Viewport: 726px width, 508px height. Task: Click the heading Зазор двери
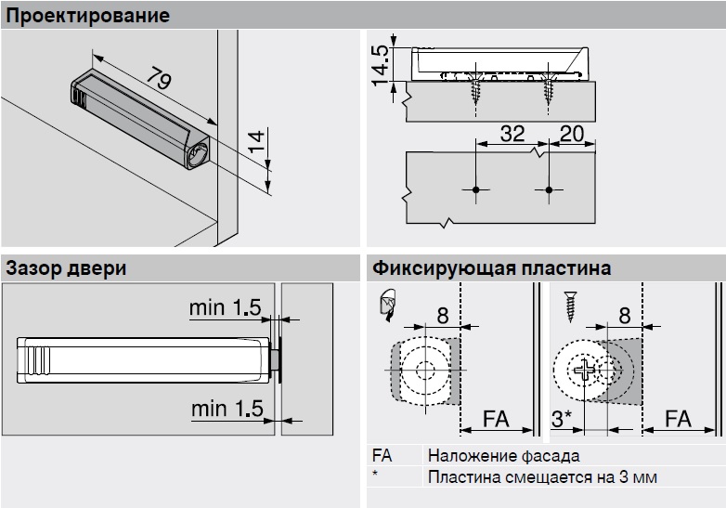pos(66,269)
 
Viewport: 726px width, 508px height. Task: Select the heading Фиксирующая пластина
pos(490,269)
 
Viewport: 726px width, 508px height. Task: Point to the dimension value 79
pos(158,83)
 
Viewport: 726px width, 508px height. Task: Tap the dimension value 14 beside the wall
pos(257,144)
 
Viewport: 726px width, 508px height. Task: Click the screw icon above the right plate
pos(567,304)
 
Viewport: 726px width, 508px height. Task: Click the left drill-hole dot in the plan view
pos(475,190)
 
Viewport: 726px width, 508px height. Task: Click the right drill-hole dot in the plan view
pos(549,190)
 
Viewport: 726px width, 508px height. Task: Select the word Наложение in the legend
pos(468,456)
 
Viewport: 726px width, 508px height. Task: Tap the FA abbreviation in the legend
pos(381,456)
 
